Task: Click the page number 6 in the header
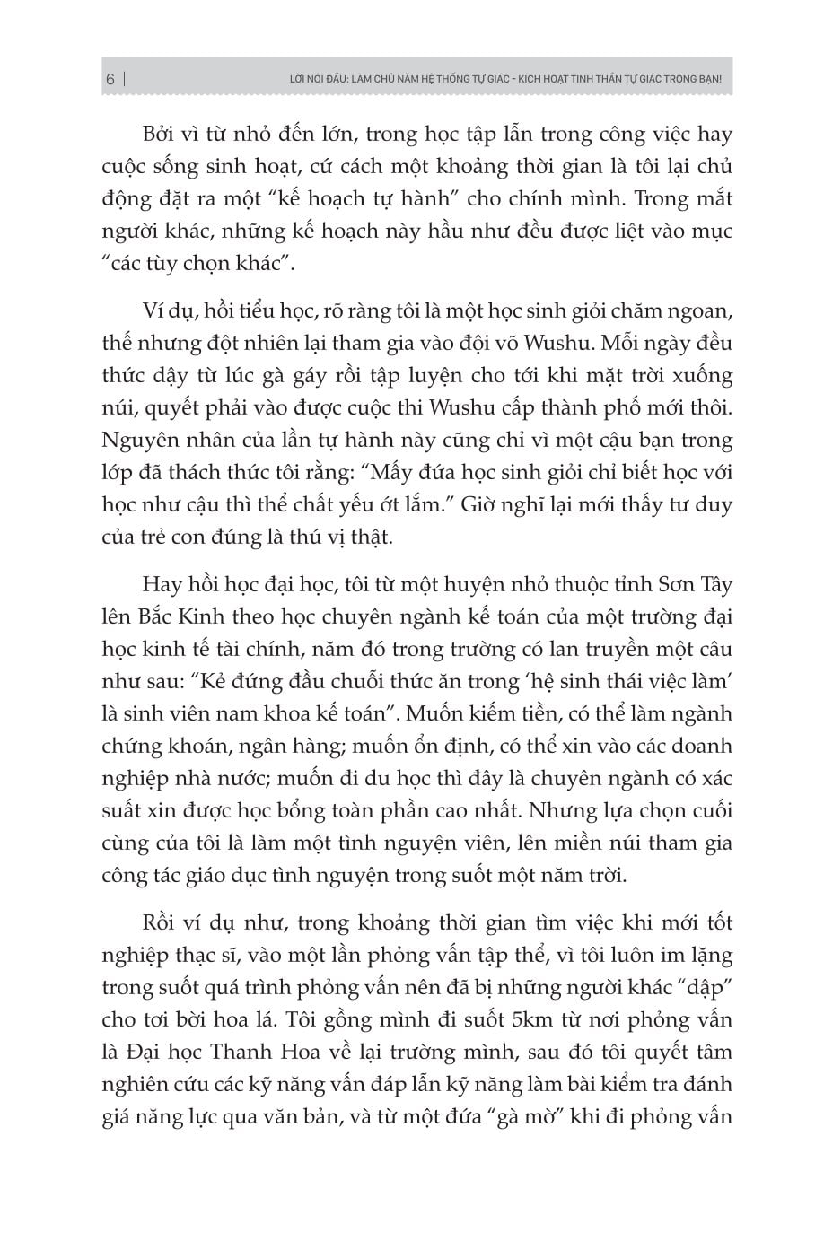click(x=110, y=79)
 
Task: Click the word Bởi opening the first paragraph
click(x=162, y=135)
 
